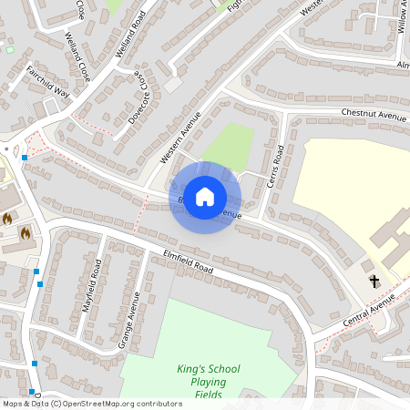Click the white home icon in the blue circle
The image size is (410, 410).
[x=205, y=197]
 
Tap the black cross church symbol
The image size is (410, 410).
[x=374, y=282]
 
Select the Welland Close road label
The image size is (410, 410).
[x=77, y=56]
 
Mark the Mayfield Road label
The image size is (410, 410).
[x=92, y=286]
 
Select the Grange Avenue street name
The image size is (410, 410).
[x=128, y=320]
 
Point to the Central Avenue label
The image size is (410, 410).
[x=369, y=313]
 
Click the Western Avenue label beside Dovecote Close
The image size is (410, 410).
[x=179, y=138]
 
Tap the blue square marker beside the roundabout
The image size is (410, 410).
[x=25, y=158]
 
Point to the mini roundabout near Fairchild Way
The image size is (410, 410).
[x=7, y=149]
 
